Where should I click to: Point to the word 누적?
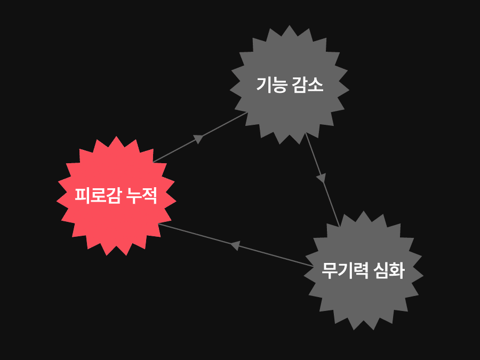[x=141, y=196]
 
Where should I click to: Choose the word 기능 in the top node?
[x=271, y=85]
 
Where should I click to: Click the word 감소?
[x=308, y=85]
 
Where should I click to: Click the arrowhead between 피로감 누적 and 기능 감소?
[x=198, y=138]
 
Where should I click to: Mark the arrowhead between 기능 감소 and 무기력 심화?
[x=321, y=178]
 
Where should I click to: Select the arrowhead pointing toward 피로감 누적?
[x=234, y=245]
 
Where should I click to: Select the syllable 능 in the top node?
[x=279, y=85]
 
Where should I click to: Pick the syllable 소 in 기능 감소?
[x=316, y=85]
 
